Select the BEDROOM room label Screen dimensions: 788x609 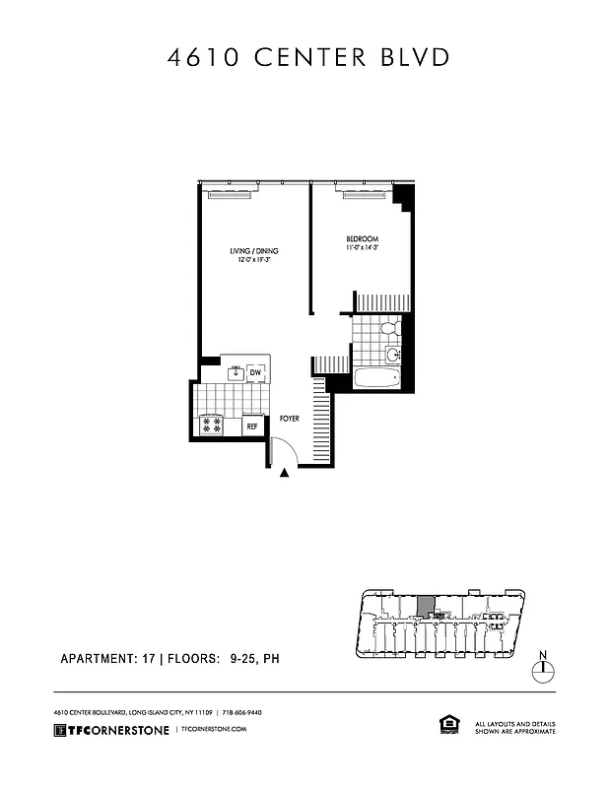(x=362, y=242)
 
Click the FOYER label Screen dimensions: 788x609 (x=289, y=419)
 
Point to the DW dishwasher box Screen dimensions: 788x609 (x=254, y=372)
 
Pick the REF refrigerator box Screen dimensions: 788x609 (x=252, y=427)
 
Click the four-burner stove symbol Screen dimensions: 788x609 (x=212, y=426)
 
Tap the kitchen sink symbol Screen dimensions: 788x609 (x=235, y=372)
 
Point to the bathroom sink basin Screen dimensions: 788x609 (x=392, y=354)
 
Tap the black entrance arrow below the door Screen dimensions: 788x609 (x=285, y=474)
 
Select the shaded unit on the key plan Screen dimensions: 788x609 (x=426, y=605)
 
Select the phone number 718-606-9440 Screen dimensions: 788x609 (x=240, y=711)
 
